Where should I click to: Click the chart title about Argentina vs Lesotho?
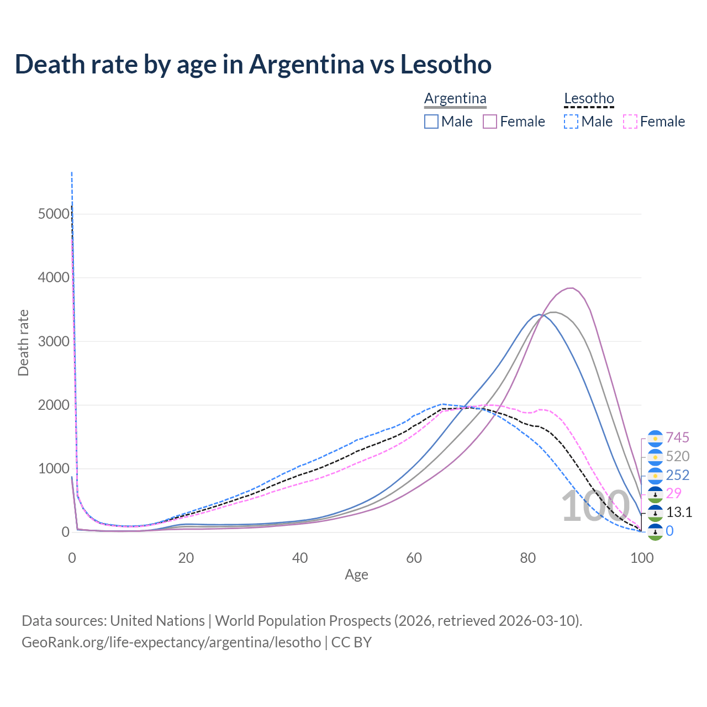pyautogui.click(x=253, y=64)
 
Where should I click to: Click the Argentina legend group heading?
pyautogui.click(x=455, y=98)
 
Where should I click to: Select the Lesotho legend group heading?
pyautogui.click(x=589, y=98)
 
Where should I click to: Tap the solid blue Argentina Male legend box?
pyautogui.click(x=431, y=122)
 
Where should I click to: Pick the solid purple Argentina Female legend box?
pyautogui.click(x=490, y=122)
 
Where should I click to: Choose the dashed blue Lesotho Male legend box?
pyautogui.click(x=572, y=122)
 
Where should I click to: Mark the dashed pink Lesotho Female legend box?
pyautogui.click(x=630, y=122)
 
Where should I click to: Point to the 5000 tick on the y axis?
pyautogui.click(x=54, y=214)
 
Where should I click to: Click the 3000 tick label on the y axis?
pyautogui.click(x=54, y=341)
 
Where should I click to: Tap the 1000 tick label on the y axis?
pyautogui.click(x=54, y=469)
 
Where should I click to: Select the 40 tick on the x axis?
pyautogui.click(x=300, y=558)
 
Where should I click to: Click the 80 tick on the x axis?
pyautogui.click(x=528, y=558)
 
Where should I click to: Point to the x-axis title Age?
pyautogui.click(x=356, y=574)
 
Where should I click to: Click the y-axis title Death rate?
pyautogui.click(x=23, y=343)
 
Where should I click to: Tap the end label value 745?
pyautogui.click(x=678, y=438)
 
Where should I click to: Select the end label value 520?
pyautogui.click(x=678, y=456)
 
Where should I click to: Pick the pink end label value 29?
pyautogui.click(x=674, y=493)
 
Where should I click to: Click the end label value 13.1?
pyautogui.click(x=679, y=512)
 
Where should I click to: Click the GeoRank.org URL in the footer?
pyautogui.click(x=171, y=642)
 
